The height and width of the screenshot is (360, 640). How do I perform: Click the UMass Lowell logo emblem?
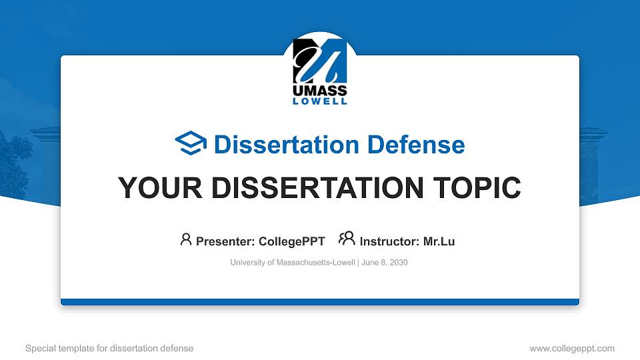(319, 60)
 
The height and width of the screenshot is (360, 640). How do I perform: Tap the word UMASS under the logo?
(320, 90)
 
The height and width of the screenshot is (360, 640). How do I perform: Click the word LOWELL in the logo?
(320, 101)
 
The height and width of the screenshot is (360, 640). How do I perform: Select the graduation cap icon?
(191, 143)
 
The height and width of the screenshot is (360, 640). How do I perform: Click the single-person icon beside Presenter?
(186, 239)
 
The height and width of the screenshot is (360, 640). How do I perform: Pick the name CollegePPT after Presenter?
(293, 241)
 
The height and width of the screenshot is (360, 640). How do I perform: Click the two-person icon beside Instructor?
(347, 239)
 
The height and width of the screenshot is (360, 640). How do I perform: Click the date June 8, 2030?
(385, 263)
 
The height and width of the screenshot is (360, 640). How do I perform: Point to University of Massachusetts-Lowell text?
(293, 263)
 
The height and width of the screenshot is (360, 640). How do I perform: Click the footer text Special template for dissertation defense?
(109, 348)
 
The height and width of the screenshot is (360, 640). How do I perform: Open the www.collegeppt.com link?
(571, 348)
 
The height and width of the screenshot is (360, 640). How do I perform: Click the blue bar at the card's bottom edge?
(320, 302)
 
